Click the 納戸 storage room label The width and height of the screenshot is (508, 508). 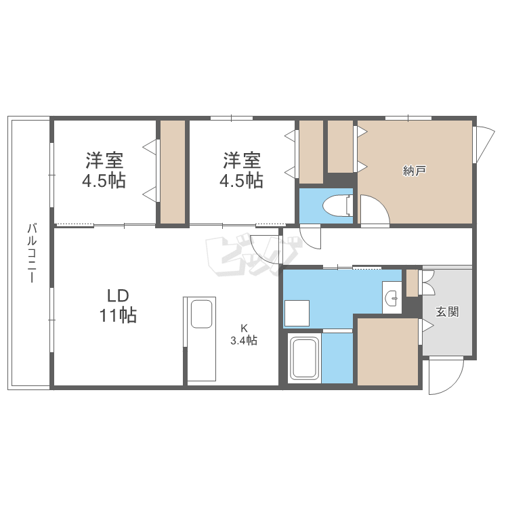coord(414,171)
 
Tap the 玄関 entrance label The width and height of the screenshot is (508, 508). coord(447,312)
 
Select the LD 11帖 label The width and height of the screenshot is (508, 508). coord(118,305)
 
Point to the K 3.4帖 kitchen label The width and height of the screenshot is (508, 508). coord(244,335)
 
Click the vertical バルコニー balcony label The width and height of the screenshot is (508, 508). coord(31,253)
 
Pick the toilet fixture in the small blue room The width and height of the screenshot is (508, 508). coord(337,205)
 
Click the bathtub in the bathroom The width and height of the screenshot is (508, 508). coord(304,358)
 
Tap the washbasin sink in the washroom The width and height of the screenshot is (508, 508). coord(392,297)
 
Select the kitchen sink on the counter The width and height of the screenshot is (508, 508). coord(202,314)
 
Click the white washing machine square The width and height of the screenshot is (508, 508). coord(297,313)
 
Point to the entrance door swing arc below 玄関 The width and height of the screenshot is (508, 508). coord(446,376)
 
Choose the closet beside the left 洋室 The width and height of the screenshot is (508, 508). coord(173,172)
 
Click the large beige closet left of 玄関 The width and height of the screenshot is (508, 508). coord(387,352)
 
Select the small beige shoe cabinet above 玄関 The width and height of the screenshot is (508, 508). coord(412,283)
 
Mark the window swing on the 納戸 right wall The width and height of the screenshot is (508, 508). coord(484,144)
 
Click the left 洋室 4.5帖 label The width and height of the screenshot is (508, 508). coord(104,170)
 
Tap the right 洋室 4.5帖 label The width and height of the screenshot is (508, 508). coord(241,170)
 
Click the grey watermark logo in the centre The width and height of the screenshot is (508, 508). coord(253,256)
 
